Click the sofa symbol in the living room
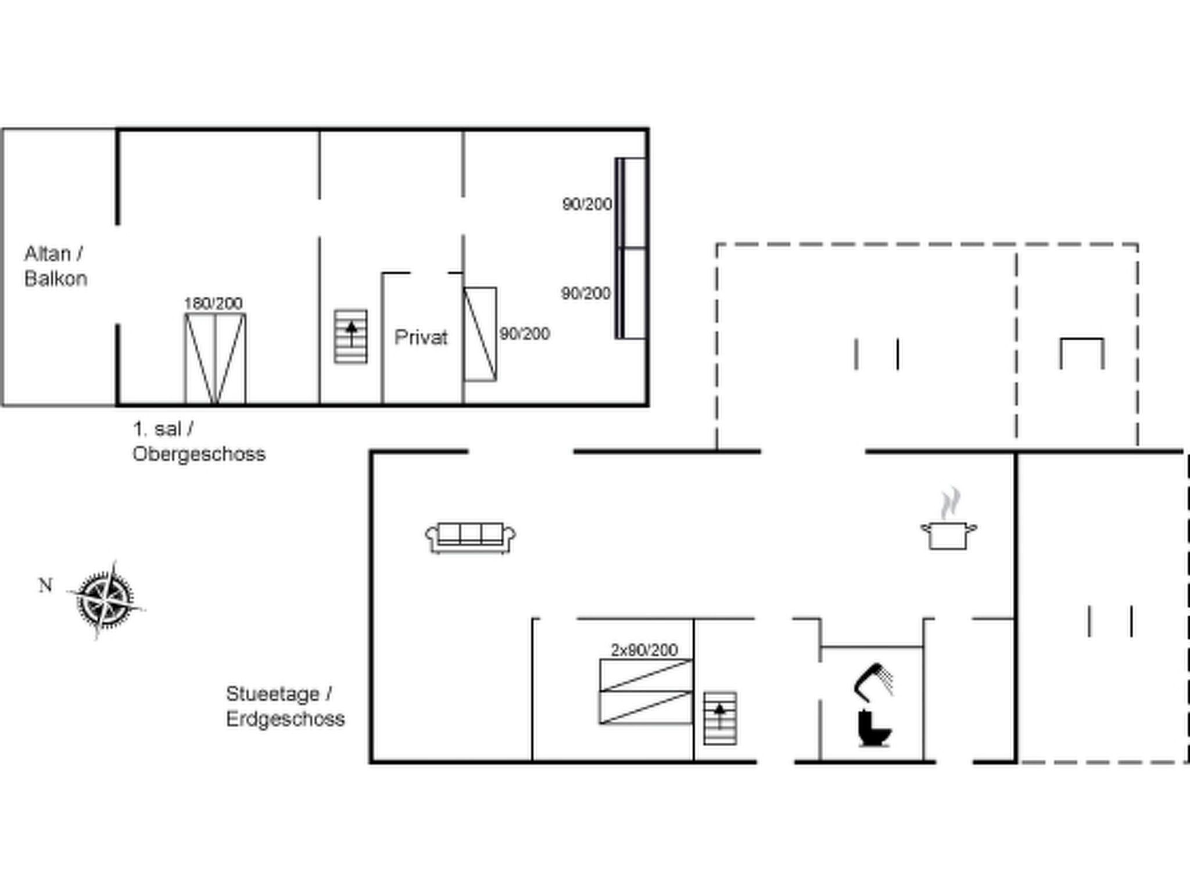coord(470,537)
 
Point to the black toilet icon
coord(873,729)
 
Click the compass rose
coord(106,599)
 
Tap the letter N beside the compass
coord(45,585)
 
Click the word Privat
coord(421,337)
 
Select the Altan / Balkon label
coord(55,267)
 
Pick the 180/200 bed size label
coord(213,303)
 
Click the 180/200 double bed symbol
coord(215,358)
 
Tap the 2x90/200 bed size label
coord(644,650)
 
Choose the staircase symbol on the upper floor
coord(350,336)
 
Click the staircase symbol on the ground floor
coord(720,718)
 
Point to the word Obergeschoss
coord(199,454)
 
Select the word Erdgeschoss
coord(285,719)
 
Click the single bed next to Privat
coord(480,334)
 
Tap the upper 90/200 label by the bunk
coord(587,204)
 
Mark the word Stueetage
coord(273,694)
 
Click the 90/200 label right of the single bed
coord(525,334)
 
